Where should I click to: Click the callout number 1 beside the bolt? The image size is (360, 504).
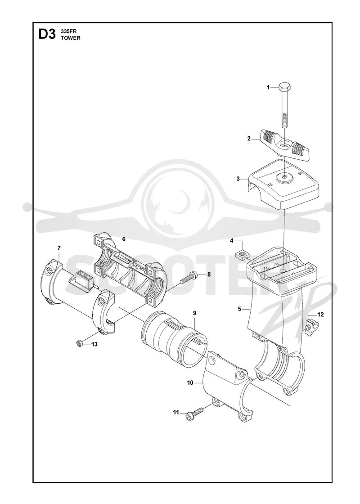pos(268,87)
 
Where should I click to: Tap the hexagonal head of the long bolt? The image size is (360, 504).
pos(285,87)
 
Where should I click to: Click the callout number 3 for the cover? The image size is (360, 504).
pos(238,179)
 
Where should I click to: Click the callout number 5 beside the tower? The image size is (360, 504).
pos(239,309)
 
